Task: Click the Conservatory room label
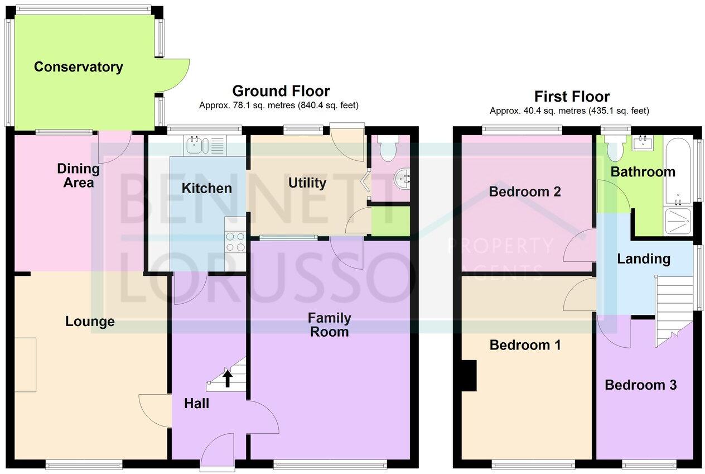78,67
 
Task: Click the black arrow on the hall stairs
228,379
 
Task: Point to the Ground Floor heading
281,91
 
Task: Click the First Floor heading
572,96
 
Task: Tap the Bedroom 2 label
524,191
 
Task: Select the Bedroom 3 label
640,385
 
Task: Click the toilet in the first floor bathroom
615,149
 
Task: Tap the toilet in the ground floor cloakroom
387,147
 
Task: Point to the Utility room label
307,183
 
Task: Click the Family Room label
330,325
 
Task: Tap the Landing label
644,258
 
